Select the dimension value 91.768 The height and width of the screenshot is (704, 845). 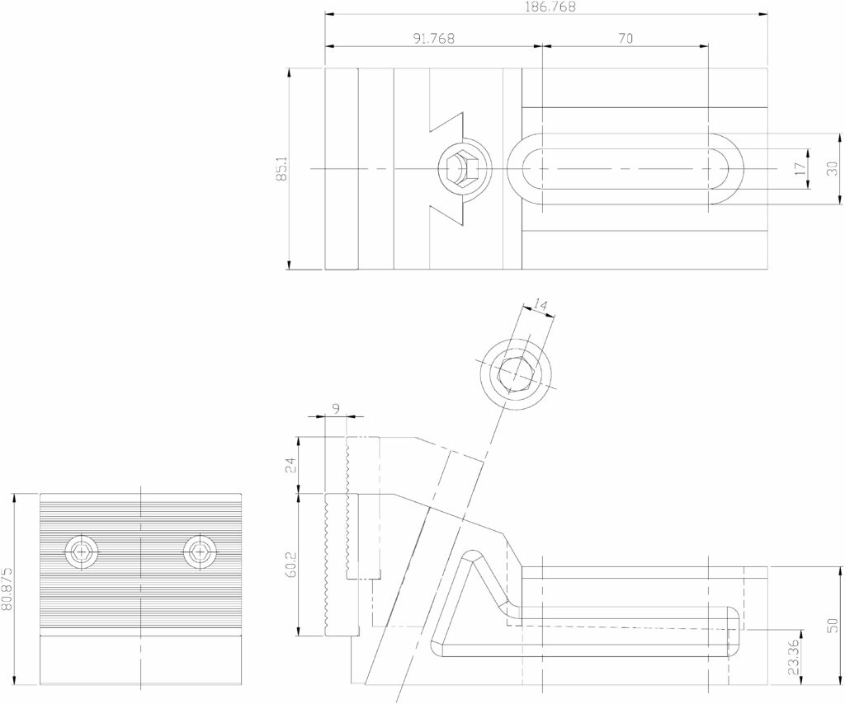tap(434, 38)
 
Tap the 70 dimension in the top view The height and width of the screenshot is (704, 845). tap(625, 38)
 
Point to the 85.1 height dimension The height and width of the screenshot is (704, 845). tap(281, 168)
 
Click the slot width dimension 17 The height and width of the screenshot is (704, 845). tap(800, 168)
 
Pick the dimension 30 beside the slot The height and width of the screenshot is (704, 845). tap(833, 168)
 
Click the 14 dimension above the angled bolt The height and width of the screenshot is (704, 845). tap(541, 305)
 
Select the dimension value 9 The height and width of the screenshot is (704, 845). tap(337, 410)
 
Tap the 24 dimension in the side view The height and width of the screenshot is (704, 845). tap(290, 464)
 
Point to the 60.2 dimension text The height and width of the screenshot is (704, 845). tap(290, 564)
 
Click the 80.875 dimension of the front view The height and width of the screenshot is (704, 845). tap(7, 589)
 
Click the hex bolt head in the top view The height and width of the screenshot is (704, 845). tap(458, 168)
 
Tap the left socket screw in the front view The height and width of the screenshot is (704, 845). tap(82, 551)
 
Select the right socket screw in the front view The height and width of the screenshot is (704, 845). tap(200, 551)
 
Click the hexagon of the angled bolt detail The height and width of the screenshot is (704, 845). tap(516, 374)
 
